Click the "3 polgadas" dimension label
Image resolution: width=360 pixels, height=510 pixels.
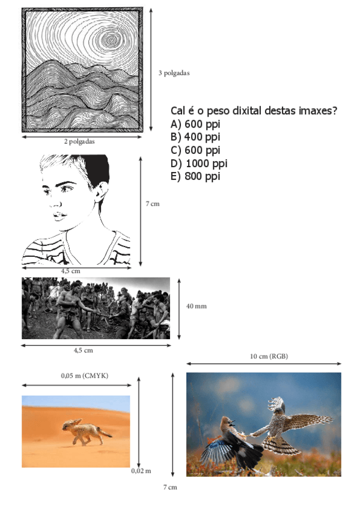point(174,73)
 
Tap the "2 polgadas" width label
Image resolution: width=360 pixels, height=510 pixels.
point(79,142)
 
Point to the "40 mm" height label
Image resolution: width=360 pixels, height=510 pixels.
point(196,306)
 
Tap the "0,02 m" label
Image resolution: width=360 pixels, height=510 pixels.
point(141,470)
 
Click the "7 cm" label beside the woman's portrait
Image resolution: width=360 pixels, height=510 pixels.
point(153,204)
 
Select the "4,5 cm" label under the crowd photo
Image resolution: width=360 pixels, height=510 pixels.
point(83,350)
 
